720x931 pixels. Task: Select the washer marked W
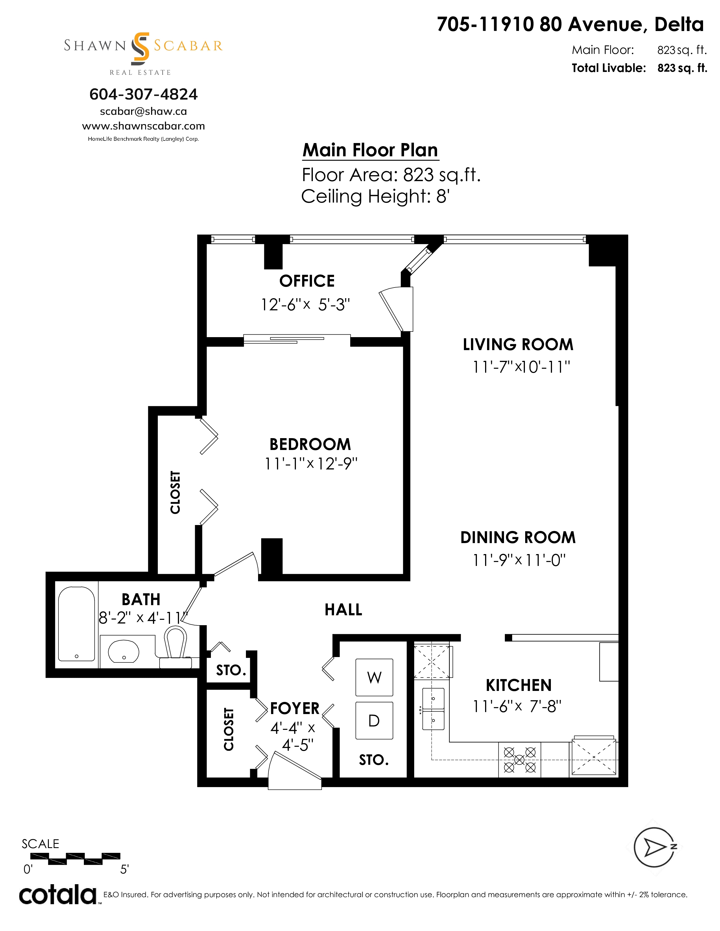374,677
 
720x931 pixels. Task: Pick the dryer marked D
374,721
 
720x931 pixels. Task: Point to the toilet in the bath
176,647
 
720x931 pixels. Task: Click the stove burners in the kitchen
520,760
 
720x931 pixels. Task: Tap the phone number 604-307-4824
143,94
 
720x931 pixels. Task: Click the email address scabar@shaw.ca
143,111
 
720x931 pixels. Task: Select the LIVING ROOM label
518,344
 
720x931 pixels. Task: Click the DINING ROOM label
518,537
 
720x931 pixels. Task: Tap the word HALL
343,610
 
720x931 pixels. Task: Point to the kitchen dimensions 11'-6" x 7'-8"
517,707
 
